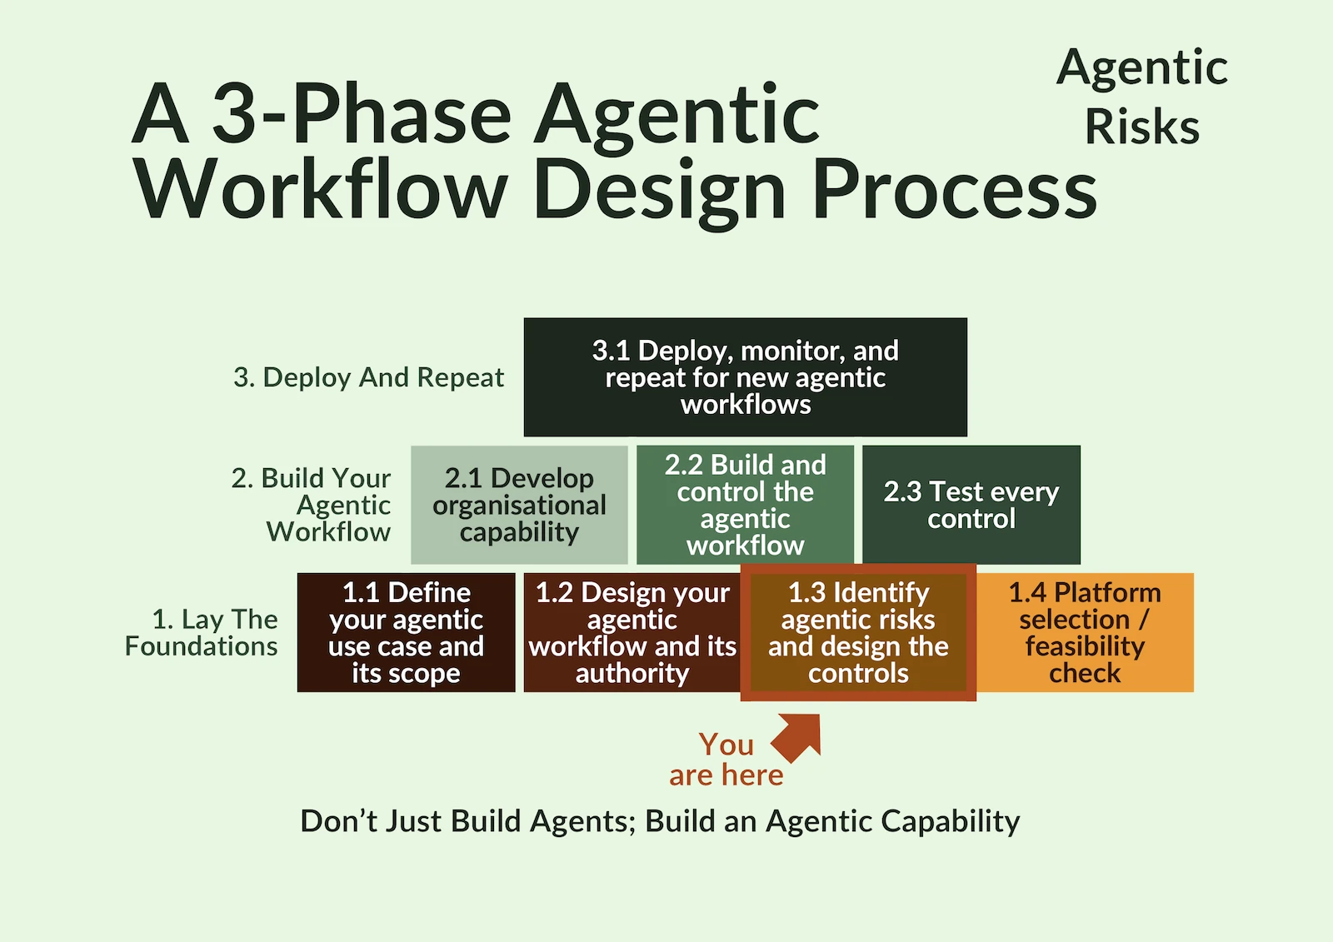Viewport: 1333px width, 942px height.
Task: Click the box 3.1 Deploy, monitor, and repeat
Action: tap(745, 376)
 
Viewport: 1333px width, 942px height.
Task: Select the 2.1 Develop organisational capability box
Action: tap(519, 505)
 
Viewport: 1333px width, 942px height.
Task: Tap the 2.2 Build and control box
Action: tap(745, 505)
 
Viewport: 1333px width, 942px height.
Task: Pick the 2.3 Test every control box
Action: tap(971, 505)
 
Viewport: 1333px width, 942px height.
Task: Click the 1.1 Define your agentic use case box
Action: tap(406, 632)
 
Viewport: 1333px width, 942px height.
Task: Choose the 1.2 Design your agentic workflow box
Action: tap(632, 632)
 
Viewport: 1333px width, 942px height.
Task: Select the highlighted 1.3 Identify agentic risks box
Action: tap(858, 632)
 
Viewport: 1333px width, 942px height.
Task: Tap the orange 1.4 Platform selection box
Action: tap(1085, 632)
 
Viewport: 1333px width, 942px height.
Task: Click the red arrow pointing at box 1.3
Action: tap(799, 735)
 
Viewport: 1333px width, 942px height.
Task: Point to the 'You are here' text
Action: tap(726, 760)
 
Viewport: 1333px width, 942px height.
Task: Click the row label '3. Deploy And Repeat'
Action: tap(368, 377)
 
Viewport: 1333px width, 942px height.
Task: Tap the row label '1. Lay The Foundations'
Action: tap(202, 632)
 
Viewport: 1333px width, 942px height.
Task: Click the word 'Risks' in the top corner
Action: tap(1141, 127)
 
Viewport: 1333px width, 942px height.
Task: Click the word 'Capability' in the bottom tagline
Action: tap(950, 821)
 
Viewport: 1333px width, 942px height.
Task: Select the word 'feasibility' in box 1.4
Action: tap(1085, 646)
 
